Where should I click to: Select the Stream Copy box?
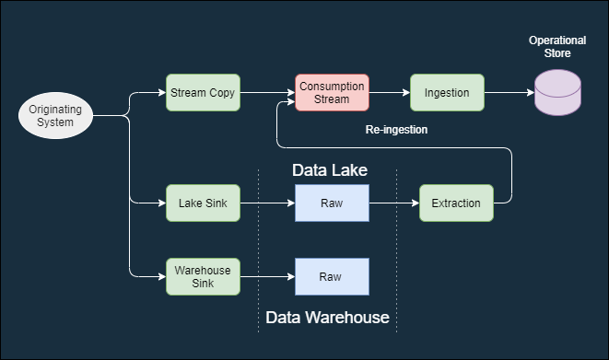click(x=203, y=93)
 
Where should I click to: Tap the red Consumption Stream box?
click(x=332, y=93)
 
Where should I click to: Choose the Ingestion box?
click(x=447, y=93)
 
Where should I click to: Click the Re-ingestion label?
click(x=396, y=130)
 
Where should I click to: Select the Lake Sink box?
click(x=203, y=203)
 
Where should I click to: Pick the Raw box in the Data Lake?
click(x=332, y=203)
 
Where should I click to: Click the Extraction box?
click(x=456, y=203)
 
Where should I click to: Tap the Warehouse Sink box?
click(x=203, y=276)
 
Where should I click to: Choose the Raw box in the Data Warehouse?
click(x=332, y=276)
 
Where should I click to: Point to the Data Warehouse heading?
click(x=327, y=318)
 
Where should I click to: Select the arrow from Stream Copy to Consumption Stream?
click(x=267, y=93)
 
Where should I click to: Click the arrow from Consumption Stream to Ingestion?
click(x=390, y=93)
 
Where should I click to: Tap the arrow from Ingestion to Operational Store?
click(x=509, y=93)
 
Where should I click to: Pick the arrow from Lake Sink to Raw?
click(x=267, y=203)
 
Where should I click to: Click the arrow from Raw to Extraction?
click(x=394, y=203)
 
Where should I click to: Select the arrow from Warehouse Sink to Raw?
click(x=267, y=276)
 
